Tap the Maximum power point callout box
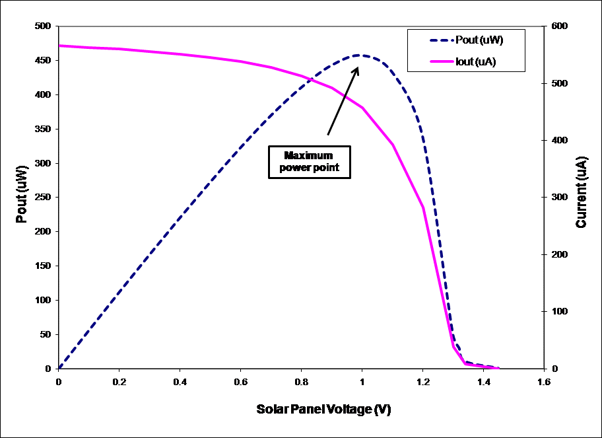tap(308, 162)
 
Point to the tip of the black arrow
tap(358, 66)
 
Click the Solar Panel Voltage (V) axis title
tap(323, 410)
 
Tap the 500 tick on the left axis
tap(44, 26)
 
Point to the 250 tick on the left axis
tap(44, 198)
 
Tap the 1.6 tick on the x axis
tap(543, 382)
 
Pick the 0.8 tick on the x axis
tap(301, 382)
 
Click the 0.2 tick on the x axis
tap(119, 382)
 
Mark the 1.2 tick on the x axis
tap(422, 382)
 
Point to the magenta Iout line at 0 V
tap(59, 46)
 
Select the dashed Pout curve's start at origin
tap(59, 368)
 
